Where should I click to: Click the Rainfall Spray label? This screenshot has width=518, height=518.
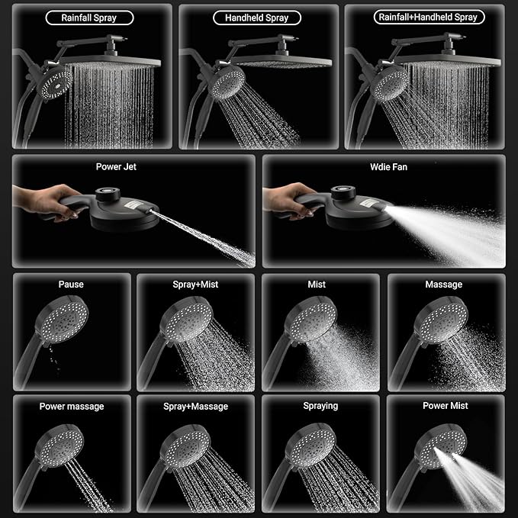(88, 17)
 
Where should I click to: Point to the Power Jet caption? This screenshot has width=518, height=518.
(117, 166)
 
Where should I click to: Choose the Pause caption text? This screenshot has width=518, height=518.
(71, 285)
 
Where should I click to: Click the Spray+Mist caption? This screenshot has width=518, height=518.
(195, 285)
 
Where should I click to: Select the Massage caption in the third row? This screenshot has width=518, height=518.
(443, 285)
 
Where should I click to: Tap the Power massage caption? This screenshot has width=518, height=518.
(71, 407)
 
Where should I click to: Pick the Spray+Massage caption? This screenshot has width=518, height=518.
(195, 407)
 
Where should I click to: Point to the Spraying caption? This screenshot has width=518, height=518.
(320, 406)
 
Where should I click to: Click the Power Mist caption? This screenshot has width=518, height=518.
(446, 406)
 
